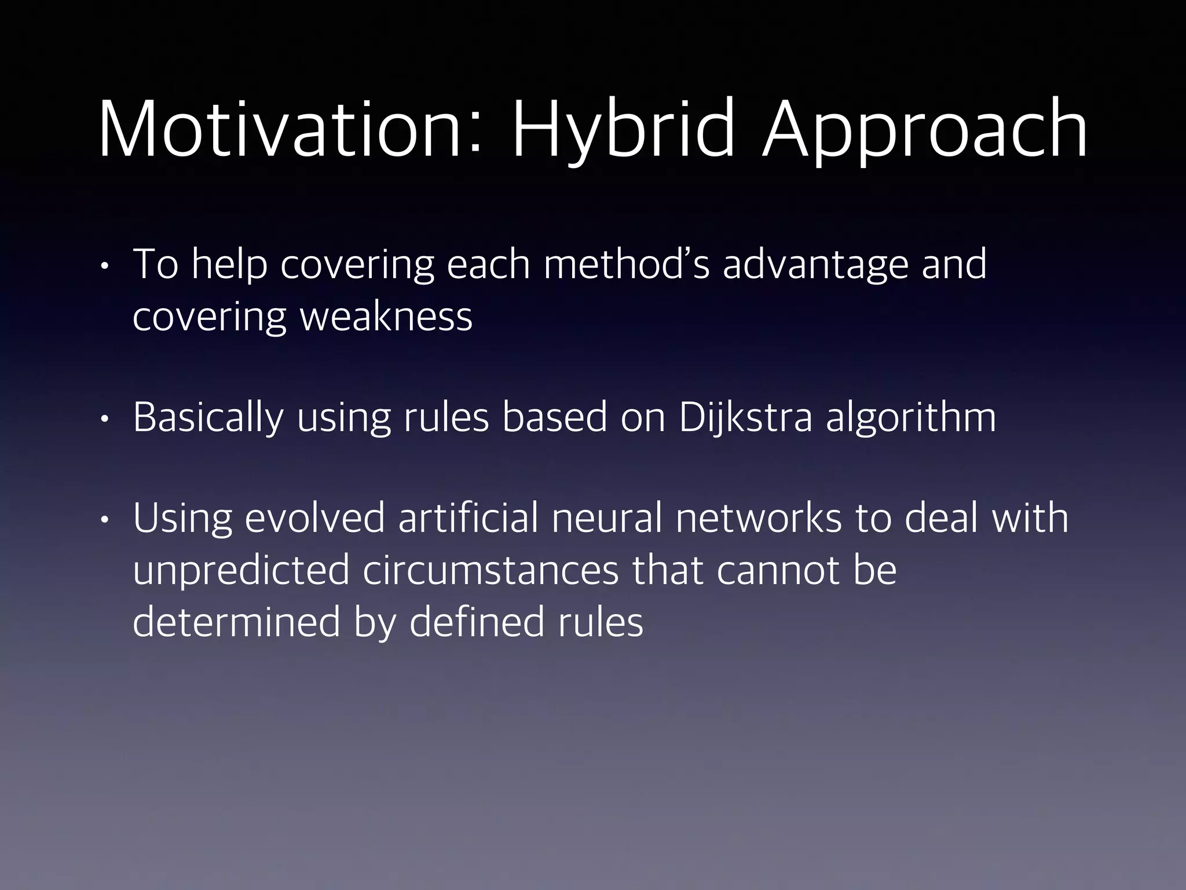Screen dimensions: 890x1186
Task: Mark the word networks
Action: [758, 517]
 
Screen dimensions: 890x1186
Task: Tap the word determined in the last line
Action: [236, 622]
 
